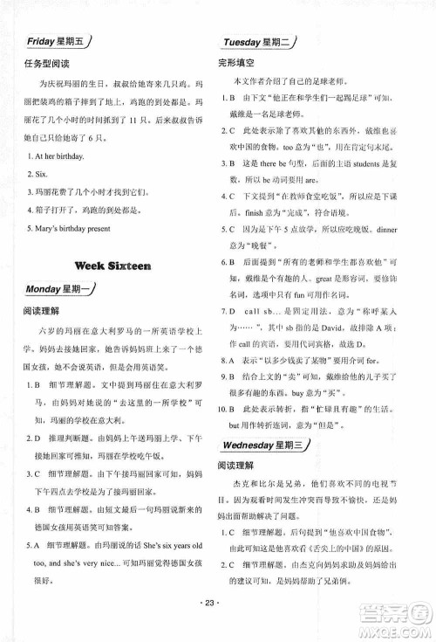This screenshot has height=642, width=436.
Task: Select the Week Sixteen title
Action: pos(113,265)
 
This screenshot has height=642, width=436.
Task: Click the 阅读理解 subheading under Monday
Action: pos(43,311)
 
